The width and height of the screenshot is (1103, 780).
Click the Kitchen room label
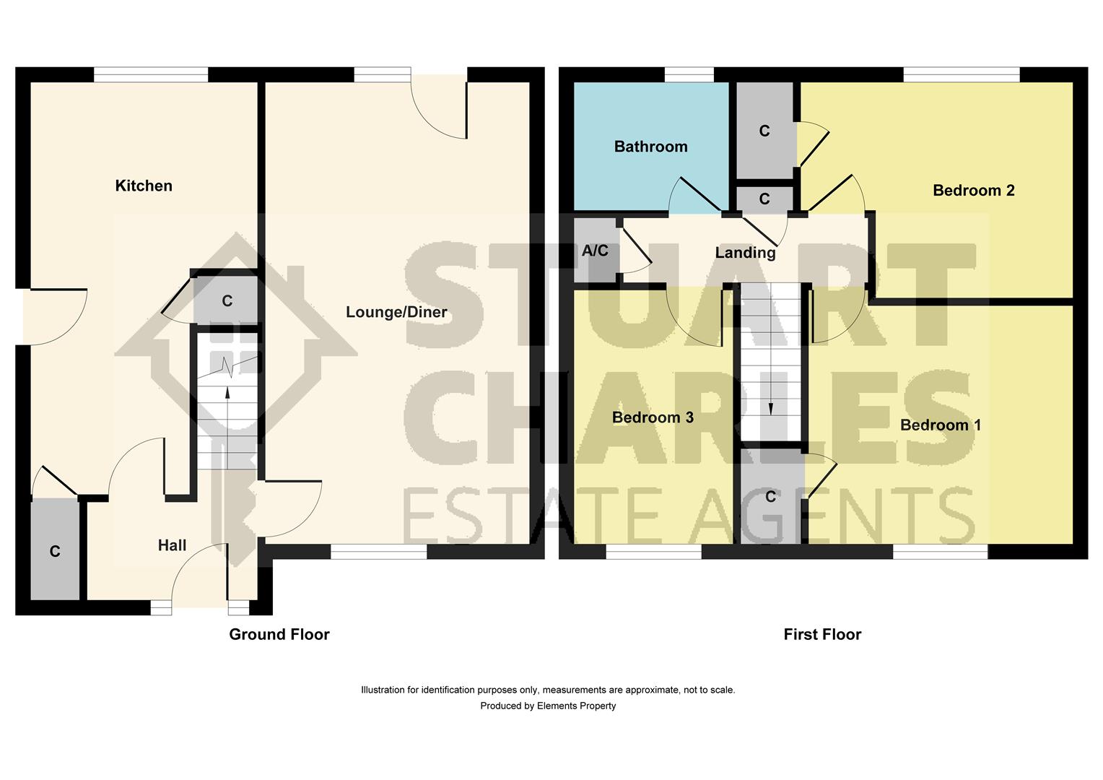144,186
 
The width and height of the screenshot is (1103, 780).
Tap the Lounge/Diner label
396,312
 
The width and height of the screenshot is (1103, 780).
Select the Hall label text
172,545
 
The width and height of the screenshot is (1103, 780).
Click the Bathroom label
650,147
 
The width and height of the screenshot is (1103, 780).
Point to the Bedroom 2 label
973,191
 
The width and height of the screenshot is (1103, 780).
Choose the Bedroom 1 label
940,425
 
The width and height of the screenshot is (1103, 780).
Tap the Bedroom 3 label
653,417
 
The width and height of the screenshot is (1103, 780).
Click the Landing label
745,253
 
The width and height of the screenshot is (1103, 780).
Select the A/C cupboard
595,251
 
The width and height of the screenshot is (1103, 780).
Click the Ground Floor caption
279,634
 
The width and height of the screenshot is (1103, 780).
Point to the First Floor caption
822,634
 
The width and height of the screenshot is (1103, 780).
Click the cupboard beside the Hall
55,550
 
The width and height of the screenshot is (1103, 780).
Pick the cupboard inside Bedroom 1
771,496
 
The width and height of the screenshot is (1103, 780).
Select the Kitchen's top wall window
151,74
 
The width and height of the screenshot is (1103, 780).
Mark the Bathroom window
689,74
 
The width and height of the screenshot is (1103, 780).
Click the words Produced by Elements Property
548,706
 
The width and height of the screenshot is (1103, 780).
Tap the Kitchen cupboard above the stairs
227,300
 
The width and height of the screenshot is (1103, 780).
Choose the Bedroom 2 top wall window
961,74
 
